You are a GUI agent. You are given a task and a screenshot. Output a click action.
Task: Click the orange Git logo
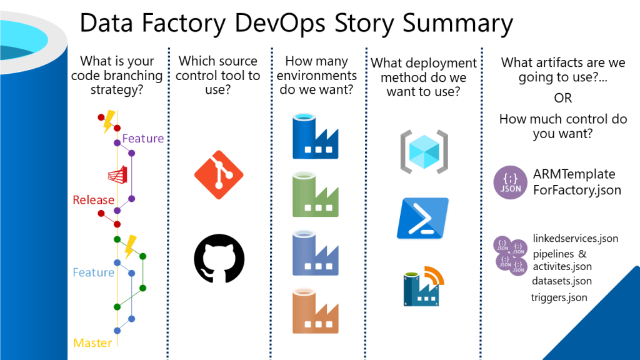[219, 175]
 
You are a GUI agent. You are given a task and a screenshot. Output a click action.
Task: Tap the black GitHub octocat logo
[219, 258]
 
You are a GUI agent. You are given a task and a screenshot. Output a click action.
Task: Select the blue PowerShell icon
[422, 218]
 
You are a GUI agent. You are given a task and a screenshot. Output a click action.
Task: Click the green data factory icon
[315, 196]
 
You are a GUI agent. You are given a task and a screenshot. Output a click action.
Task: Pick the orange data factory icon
[315, 311]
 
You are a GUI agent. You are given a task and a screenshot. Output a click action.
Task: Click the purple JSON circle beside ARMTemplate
[510, 182]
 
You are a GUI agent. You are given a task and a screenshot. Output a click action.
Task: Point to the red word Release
[94, 200]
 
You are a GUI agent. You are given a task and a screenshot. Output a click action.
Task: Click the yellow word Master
[92, 342]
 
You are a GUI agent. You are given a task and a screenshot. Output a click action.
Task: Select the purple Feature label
[143, 138]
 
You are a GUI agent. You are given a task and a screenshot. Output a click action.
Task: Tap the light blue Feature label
[93, 272]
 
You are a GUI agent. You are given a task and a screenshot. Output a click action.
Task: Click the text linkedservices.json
[576, 238]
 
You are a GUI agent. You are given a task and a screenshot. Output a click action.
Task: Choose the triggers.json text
[559, 297]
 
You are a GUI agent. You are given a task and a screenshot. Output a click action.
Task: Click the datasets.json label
[562, 281]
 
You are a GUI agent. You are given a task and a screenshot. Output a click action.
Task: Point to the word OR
[563, 99]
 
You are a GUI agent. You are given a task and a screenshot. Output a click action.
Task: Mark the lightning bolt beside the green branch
[130, 246]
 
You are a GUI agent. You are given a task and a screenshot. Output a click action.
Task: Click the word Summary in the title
[457, 24]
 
